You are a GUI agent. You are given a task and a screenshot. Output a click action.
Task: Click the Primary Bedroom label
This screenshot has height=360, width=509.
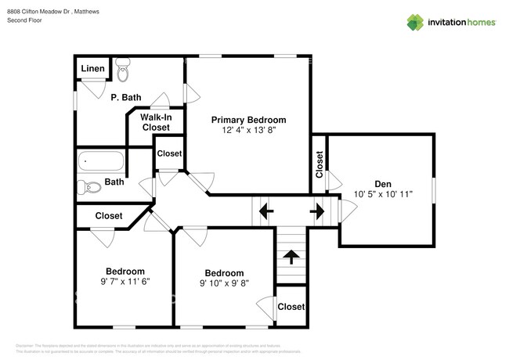(x=249, y=120)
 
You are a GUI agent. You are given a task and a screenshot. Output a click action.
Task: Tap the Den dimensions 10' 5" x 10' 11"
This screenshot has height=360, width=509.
(x=382, y=193)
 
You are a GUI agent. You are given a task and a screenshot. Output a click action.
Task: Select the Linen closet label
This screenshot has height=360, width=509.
(x=93, y=69)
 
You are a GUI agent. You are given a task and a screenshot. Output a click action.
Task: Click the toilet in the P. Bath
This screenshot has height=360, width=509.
(x=123, y=72)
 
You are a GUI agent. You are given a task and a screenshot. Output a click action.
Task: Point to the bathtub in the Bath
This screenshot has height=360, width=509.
(x=101, y=163)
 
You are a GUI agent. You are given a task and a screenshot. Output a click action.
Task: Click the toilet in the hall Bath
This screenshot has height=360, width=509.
(x=85, y=185)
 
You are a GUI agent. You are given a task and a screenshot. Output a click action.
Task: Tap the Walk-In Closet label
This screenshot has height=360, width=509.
(x=155, y=122)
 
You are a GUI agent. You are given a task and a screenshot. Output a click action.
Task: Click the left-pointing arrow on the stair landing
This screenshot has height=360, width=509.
(x=265, y=211)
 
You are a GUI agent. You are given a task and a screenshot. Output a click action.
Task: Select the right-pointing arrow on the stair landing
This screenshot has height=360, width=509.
(x=317, y=211)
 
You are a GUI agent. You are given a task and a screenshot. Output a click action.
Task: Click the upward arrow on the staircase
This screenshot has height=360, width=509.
(x=291, y=256)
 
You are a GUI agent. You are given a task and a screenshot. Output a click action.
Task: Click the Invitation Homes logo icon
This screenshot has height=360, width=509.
(x=415, y=22)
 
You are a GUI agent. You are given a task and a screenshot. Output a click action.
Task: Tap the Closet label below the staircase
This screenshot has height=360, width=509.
(x=291, y=307)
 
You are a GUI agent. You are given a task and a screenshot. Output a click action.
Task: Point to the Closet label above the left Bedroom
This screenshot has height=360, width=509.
(x=108, y=215)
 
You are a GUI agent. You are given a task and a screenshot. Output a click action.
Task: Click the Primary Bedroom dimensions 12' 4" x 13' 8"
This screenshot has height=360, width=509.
(x=249, y=131)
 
